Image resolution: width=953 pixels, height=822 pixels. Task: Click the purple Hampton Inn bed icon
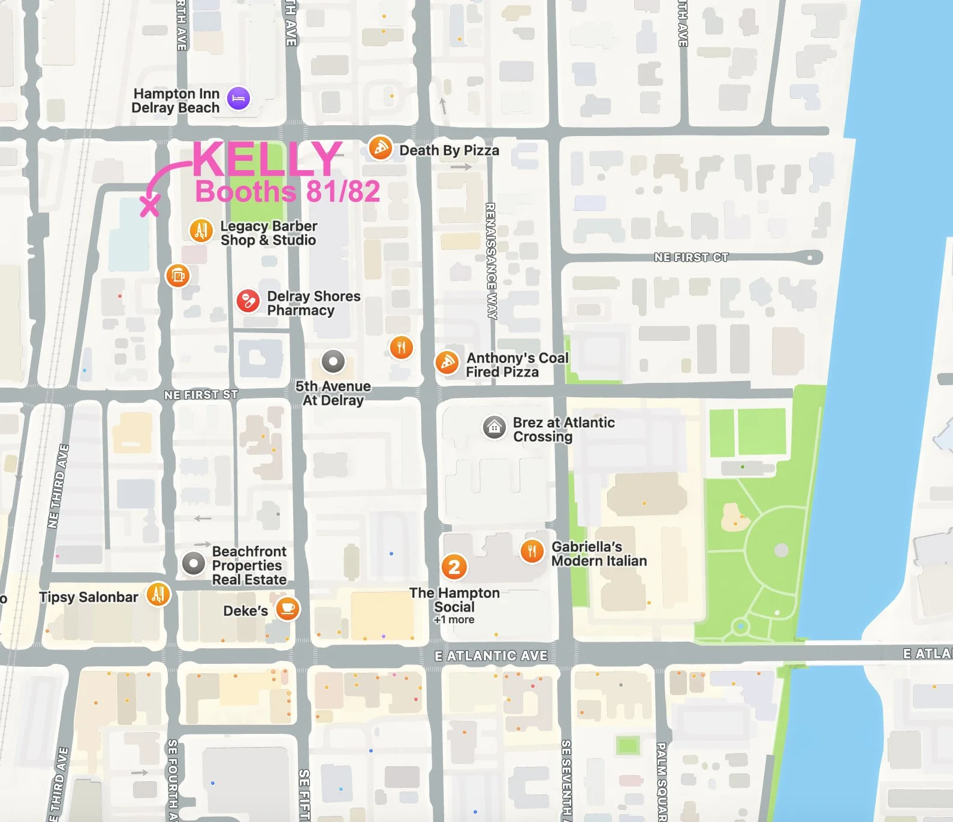(x=239, y=98)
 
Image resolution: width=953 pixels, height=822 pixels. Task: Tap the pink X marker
(x=150, y=205)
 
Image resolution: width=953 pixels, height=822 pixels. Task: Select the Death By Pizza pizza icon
(x=380, y=148)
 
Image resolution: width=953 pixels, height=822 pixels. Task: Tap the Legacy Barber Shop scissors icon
(x=201, y=231)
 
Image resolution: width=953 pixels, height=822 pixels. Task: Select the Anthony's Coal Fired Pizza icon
(x=447, y=362)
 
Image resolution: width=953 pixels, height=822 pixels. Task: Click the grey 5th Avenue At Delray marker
(x=333, y=361)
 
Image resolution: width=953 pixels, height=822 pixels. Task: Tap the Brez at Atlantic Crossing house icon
(x=494, y=427)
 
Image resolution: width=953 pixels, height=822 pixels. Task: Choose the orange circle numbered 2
(x=454, y=566)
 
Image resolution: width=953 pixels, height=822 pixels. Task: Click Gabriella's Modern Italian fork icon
(x=532, y=551)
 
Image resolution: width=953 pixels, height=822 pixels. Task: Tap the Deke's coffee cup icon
(x=288, y=609)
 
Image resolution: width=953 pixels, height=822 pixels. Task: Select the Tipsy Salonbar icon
(x=158, y=594)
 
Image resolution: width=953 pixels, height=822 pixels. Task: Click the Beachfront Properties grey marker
(x=194, y=564)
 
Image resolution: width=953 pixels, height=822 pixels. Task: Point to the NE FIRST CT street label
(x=691, y=258)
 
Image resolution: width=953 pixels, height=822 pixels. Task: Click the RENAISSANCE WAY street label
(x=490, y=261)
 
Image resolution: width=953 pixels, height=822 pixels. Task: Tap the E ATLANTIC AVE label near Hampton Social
(x=491, y=656)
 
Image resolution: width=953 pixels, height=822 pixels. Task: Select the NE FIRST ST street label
(x=201, y=395)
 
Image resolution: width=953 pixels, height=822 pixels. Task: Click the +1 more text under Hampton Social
(x=454, y=620)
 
